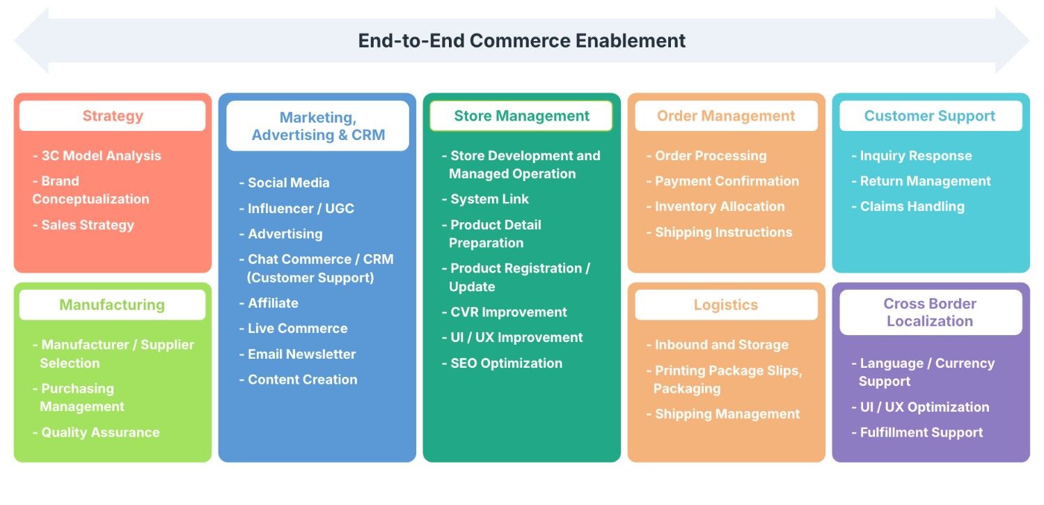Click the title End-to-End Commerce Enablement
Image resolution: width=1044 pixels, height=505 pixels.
pyautogui.click(x=521, y=40)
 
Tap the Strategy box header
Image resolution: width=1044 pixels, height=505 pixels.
pyautogui.click(x=113, y=116)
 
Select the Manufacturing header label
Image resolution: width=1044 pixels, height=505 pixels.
pyautogui.click(x=112, y=305)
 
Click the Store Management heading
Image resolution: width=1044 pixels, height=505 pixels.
pyautogui.click(x=521, y=116)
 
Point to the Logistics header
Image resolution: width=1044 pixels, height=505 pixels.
pyautogui.click(x=726, y=305)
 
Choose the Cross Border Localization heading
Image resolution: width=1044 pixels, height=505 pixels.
pyautogui.click(x=930, y=313)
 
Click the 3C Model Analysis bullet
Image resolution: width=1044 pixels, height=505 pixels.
pyautogui.click(x=100, y=156)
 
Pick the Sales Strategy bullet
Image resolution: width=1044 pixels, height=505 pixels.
pyautogui.click(x=87, y=225)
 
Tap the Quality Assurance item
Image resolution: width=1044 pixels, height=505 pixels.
pyautogui.click(x=100, y=433)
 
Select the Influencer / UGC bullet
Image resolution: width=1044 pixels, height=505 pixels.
pyautogui.click(x=300, y=208)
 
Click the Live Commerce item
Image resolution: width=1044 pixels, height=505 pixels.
pyautogui.click(x=297, y=328)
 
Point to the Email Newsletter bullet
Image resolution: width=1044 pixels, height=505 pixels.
pyautogui.click(x=301, y=354)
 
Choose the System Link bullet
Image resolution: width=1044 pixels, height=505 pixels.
pyautogui.click(x=489, y=199)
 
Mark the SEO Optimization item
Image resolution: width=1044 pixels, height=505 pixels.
pyautogui.click(x=506, y=363)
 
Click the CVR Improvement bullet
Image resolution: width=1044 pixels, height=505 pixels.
pyautogui.click(x=508, y=312)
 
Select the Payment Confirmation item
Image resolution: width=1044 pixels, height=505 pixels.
pyautogui.click(x=727, y=181)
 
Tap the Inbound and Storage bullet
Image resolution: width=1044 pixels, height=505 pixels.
pyautogui.click(x=721, y=345)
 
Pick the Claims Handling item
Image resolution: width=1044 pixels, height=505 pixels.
pyautogui.click(x=912, y=206)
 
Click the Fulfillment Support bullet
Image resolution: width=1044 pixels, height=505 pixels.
pyautogui.click(x=921, y=433)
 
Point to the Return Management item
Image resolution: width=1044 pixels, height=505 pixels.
pyautogui.click(x=925, y=181)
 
